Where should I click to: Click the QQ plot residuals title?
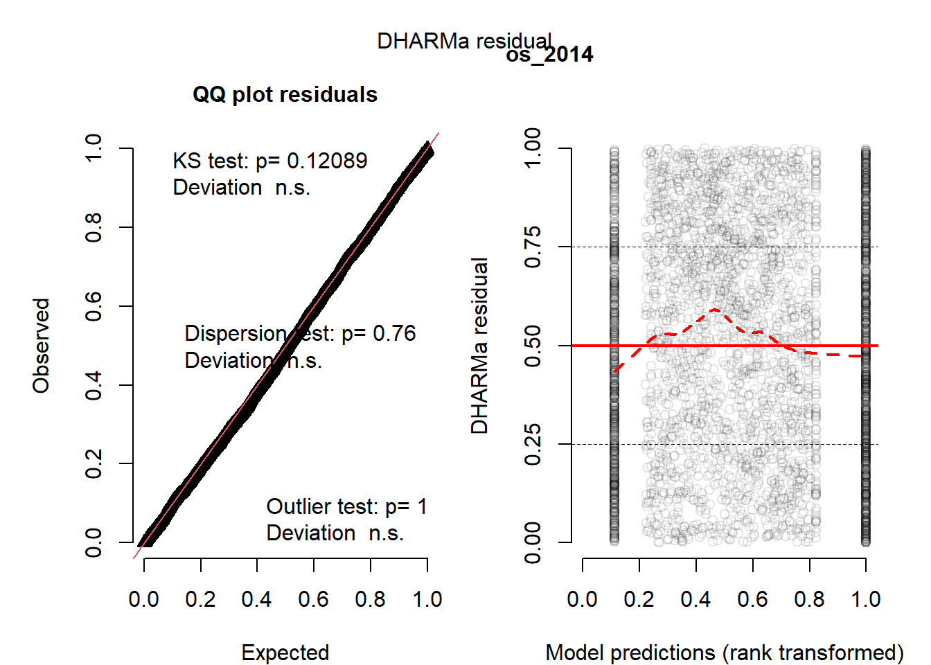point(285,94)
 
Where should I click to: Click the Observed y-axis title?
point(42,345)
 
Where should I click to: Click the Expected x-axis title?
point(285,653)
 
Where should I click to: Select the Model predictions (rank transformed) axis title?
point(725,653)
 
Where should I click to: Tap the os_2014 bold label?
point(549,55)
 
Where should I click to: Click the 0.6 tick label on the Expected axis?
point(313,599)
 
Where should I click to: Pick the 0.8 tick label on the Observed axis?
point(94,227)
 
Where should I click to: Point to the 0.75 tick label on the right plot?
point(533,247)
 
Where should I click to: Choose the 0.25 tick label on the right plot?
point(533,444)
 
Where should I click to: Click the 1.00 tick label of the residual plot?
point(533,148)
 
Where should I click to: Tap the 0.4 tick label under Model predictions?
point(695,599)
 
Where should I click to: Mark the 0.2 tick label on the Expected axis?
point(200,599)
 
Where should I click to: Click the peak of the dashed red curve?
point(715,310)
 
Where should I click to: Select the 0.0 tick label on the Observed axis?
point(94,542)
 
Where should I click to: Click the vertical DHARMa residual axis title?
point(479,345)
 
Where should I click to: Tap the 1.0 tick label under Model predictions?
point(866,599)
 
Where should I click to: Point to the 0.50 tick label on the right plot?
point(533,345)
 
